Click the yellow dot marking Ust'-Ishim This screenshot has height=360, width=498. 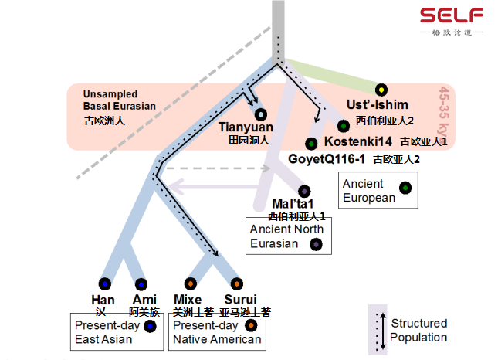(381, 90)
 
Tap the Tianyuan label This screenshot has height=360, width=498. (246, 127)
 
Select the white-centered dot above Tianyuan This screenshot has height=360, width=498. (260, 114)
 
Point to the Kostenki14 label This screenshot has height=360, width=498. (358, 141)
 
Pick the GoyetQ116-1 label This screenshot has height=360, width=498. (325, 158)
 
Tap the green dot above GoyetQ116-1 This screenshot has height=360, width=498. (311, 144)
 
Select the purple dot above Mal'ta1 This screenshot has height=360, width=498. (304, 191)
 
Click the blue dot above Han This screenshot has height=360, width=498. (104, 284)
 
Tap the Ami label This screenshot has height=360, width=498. (144, 300)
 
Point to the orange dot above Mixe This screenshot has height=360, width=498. (190, 284)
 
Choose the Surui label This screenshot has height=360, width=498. (240, 300)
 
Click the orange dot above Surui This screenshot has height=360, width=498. (236, 284)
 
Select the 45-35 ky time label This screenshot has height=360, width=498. (445, 111)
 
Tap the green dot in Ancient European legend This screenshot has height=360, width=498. (405, 188)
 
